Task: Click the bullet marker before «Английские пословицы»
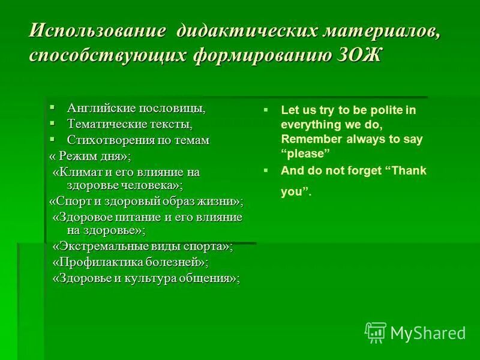coord(52,107)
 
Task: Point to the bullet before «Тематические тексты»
coord(52,123)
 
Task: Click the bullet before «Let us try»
coord(266,110)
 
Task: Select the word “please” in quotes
coord(307,154)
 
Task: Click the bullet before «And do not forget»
coord(266,170)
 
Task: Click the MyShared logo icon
coord(376,332)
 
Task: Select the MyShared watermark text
coord(428,333)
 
